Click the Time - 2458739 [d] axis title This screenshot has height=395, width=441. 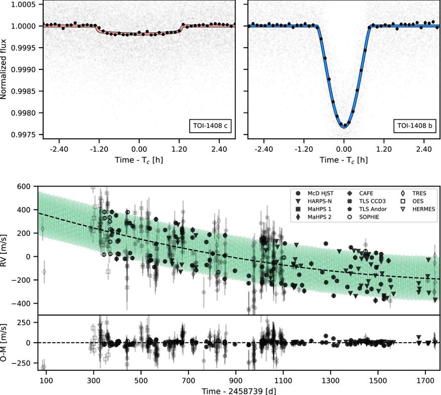(239, 389)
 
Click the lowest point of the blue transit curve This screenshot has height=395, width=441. (344, 128)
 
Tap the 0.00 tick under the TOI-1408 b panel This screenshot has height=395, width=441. (344, 149)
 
